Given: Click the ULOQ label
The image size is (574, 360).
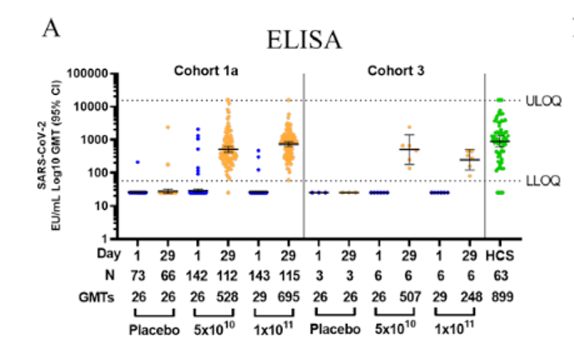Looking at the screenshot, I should pyautogui.click(x=543, y=101).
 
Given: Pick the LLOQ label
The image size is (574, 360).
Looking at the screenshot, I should pyautogui.click(x=543, y=182).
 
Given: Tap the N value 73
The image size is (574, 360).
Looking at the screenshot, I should pyautogui.click(x=137, y=274).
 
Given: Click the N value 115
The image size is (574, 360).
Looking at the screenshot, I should pyautogui.click(x=288, y=274).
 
